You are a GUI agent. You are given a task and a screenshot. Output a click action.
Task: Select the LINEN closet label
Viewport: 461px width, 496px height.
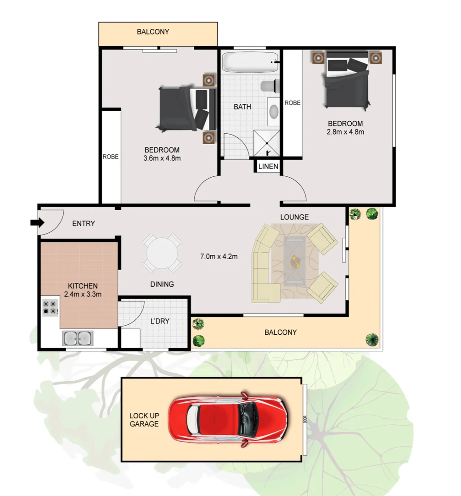268,166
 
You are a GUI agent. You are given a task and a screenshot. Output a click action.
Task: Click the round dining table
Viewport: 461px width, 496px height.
162,253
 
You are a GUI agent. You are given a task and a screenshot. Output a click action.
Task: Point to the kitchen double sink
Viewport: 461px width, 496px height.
78,338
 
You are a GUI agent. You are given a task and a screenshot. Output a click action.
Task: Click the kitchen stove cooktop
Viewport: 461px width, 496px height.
50,307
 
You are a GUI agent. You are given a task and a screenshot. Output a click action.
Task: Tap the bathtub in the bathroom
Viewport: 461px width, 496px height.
250,62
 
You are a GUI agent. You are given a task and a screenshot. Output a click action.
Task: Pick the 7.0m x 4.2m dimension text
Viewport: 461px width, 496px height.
219,256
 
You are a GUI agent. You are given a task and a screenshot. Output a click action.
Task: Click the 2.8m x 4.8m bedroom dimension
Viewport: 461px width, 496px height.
345,132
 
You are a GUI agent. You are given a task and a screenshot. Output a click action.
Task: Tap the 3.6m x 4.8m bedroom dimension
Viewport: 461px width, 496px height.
162,158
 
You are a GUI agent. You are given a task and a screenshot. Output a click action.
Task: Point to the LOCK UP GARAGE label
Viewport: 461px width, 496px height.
144,420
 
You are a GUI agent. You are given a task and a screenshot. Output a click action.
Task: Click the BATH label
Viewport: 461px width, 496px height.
242,107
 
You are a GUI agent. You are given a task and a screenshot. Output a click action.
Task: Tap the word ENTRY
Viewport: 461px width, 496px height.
84,224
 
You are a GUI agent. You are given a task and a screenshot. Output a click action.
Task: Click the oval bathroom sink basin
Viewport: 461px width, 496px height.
273,112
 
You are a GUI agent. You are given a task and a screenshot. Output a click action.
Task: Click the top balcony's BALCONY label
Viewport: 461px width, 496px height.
153,32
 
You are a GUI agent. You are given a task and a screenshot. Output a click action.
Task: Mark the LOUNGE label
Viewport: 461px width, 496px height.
294,217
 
